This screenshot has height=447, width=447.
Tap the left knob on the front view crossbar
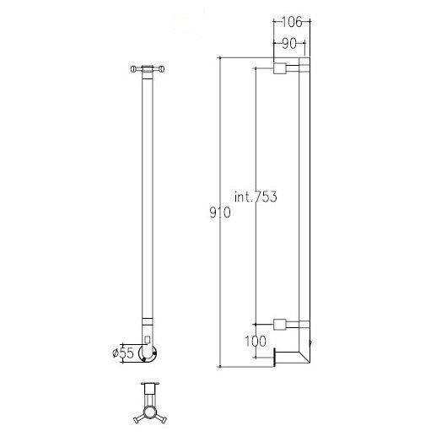tap(135, 69)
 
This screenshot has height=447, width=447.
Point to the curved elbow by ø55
tap(150, 354)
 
